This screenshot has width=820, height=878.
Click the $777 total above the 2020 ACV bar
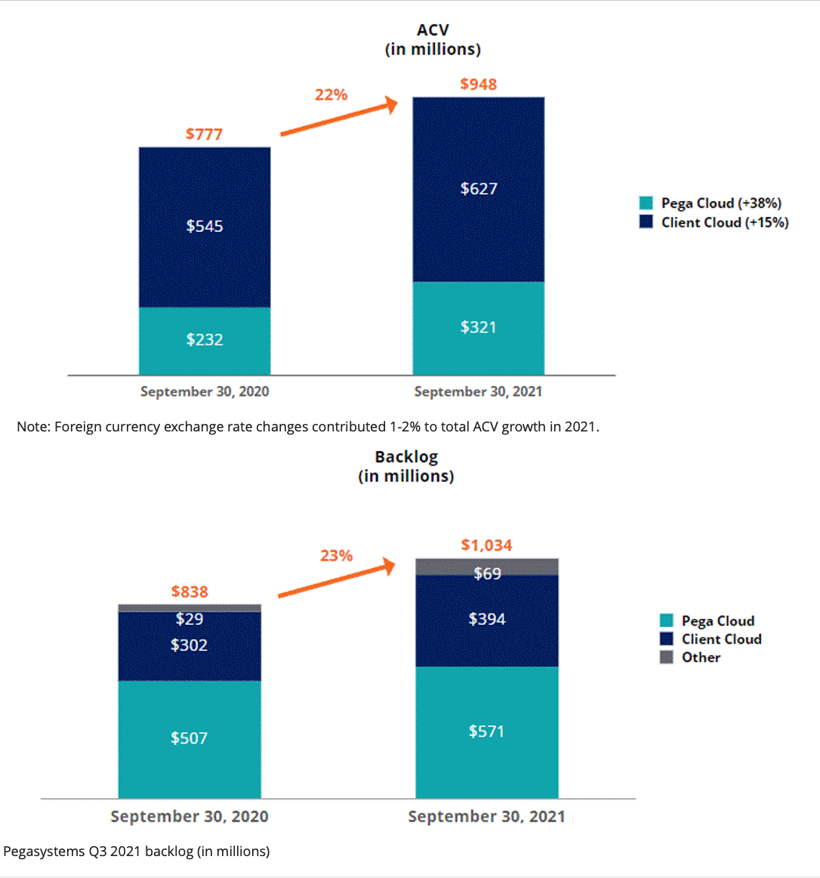coord(204,134)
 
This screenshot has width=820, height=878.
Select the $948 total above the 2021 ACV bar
coord(478,84)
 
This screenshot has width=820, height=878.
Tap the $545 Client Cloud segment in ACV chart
coord(205,226)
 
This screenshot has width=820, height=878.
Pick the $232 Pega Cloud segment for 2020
coord(205,339)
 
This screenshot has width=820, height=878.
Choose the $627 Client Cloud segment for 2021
coord(479,188)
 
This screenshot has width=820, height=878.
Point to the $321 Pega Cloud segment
coord(479,327)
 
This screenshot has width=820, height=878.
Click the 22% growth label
coord(331,94)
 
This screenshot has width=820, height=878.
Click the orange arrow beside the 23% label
coord(337,580)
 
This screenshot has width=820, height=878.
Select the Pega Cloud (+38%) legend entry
coord(711,203)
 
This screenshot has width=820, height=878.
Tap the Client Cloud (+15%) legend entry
coord(714,222)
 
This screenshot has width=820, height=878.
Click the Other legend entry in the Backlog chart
coord(691,657)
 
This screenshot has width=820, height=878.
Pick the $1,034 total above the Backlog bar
coord(486,545)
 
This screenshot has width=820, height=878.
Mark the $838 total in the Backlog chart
coord(190,592)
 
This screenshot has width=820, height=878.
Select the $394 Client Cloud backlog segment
coord(487,620)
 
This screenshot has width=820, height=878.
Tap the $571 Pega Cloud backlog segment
coord(486,731)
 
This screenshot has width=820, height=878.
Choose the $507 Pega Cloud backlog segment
coord(189,738)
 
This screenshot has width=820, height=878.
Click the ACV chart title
coord(433,39)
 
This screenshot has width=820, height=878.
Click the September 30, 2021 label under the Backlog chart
coord(486,817)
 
